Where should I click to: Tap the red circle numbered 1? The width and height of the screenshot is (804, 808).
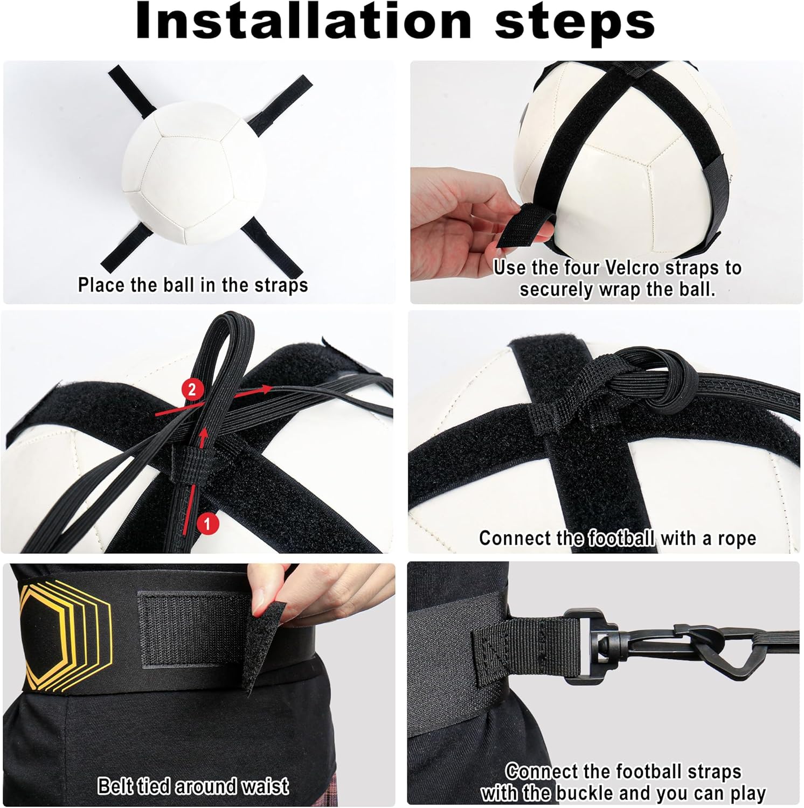[208, 523]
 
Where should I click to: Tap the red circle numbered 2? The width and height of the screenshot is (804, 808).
[192, 389]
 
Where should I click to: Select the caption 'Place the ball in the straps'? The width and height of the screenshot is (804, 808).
[192, 285]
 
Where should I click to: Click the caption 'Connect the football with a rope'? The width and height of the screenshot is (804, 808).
[617, 538]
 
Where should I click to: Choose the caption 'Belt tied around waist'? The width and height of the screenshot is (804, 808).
[192, 786]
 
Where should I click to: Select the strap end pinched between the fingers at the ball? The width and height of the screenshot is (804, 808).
[523, 226]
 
